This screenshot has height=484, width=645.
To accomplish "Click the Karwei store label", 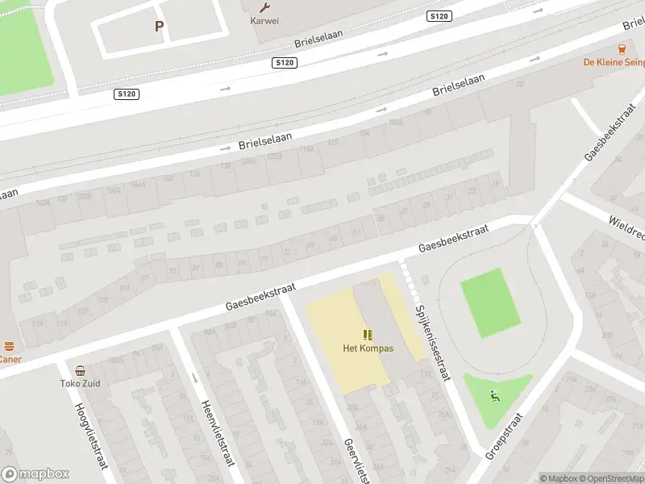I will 264,21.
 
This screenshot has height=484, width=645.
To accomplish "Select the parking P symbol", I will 159,27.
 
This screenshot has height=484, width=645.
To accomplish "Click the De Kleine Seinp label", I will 614,62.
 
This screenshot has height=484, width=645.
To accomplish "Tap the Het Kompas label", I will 368,348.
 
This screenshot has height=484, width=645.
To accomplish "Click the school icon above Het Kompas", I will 368,335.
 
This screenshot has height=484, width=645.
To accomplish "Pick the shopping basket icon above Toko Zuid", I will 80,371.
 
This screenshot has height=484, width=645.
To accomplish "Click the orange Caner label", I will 10,359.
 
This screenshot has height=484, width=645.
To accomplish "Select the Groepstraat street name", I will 505,436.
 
